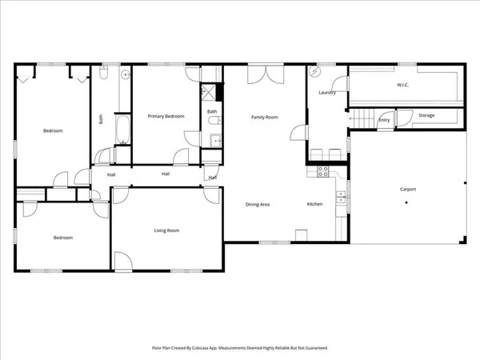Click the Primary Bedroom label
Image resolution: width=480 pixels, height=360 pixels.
166,117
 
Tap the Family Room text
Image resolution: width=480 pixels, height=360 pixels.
265,118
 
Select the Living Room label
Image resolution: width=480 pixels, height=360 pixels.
166,230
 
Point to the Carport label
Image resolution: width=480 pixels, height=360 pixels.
408,189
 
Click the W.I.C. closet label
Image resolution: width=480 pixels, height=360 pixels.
403,84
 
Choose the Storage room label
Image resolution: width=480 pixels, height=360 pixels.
426,116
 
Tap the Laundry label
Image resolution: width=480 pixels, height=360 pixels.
326,93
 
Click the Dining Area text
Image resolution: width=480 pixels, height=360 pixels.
257,204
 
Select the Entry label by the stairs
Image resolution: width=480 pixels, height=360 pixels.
385,121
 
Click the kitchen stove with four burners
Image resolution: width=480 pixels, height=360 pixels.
323,170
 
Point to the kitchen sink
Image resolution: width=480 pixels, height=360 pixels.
342,197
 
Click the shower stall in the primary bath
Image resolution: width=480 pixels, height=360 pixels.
209,93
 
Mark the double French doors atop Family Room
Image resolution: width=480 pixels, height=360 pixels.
265,74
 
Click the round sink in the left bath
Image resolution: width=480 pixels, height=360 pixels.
125,75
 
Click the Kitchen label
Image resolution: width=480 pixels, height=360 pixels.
315,204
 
